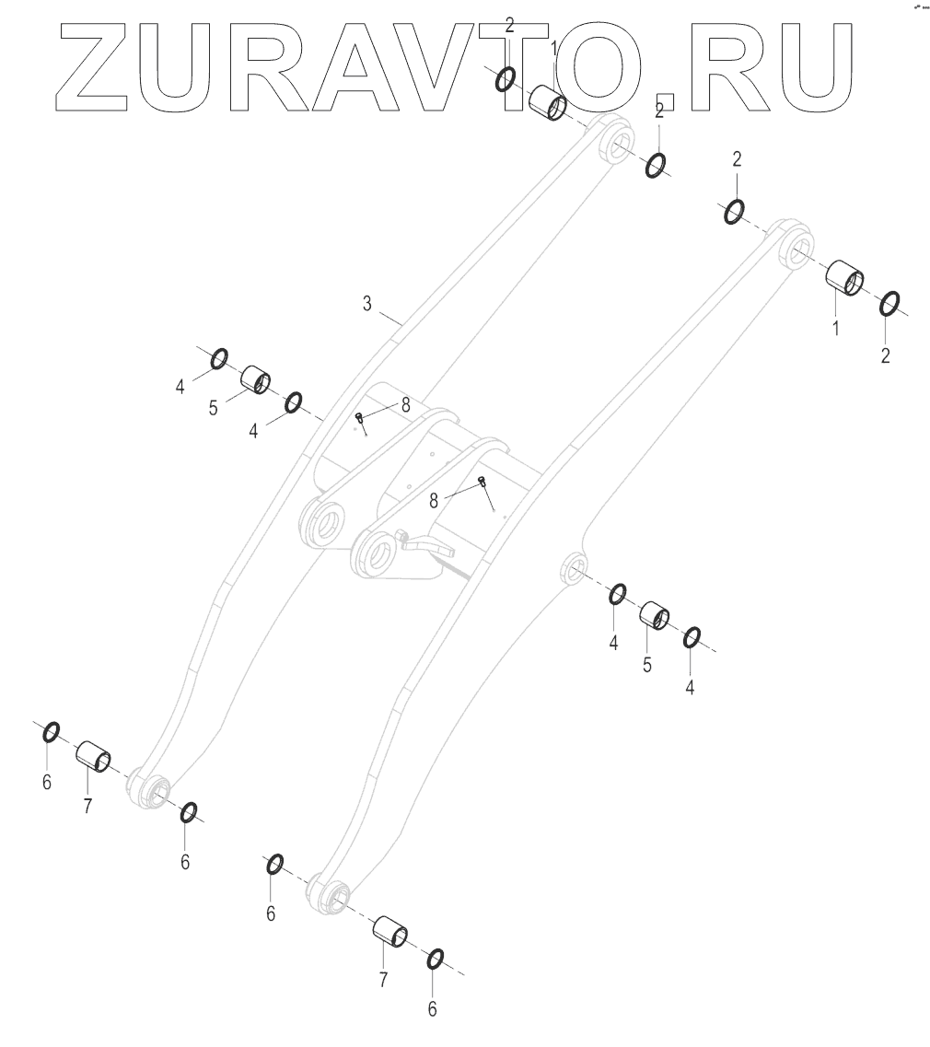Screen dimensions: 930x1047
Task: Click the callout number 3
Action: pyautogui.click(x=366, y=303)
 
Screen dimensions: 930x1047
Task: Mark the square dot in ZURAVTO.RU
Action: pyautogui.click(x=665, y=102)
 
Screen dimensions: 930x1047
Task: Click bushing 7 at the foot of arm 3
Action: pyautogui.click(x=94, y=755)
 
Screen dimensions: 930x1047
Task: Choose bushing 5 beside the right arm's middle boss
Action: pyautogui.click(x=655, y=613)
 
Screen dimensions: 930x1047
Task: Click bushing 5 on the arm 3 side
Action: pyautogui.click(x=255, y=378)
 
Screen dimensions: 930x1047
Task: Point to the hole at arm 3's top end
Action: pyautogui.click(x=616, y=144)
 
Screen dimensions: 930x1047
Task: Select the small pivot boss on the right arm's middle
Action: pyautogui.click(x=574, y=567)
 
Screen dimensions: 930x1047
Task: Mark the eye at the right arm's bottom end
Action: pyautogui.click(x=332, y=896)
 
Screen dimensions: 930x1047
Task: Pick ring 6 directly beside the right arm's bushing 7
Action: pyautogui.click(x=436, y=959)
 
